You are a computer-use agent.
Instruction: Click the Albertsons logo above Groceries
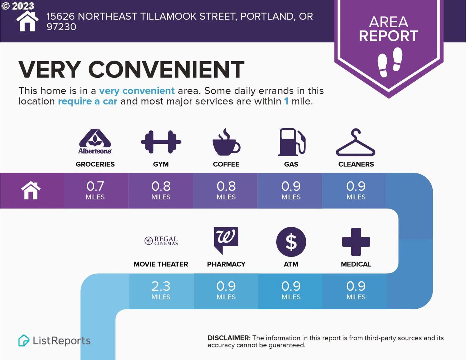point(95,141)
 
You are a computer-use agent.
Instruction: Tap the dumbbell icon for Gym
point(161,142)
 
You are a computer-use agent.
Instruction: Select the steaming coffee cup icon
point(226,142)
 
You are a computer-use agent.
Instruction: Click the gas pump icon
point(291,142)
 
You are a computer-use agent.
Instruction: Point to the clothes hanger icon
point(356,142)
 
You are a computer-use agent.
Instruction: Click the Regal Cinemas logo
point(161,241)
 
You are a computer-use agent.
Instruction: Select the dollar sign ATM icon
point(291,242)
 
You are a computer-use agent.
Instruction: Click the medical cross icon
point(356,242)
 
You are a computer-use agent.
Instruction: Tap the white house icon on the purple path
point(31,190)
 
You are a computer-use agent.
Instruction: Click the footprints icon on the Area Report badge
point(390,62)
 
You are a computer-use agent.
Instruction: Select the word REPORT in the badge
point(389,36)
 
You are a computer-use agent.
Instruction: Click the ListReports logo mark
point(24,340)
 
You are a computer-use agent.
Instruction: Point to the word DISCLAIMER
point(229,338)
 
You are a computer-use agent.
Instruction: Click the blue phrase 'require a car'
point(88,101)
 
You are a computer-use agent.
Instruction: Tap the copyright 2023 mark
point(17,6)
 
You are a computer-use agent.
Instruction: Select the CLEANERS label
point(356,164)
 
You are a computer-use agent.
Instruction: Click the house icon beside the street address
point(27,21)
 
